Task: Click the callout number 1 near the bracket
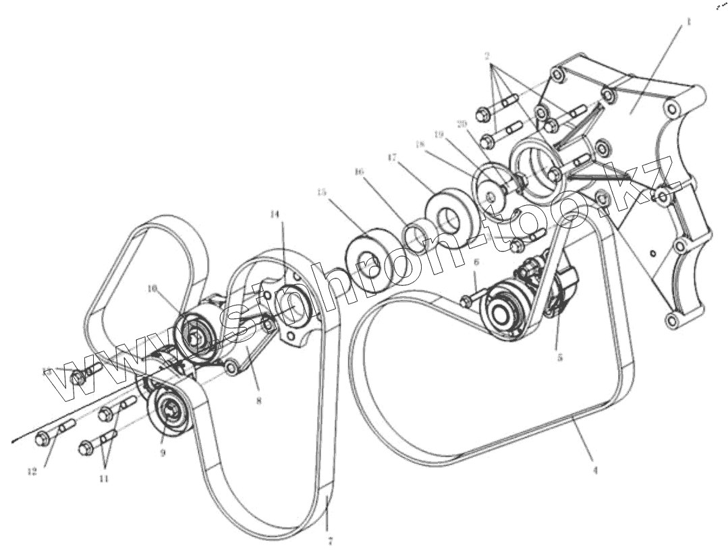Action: [x=688, y=22]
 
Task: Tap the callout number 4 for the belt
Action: [x=594, y=471]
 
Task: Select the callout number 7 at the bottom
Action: [x=331, y=540]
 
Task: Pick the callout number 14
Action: [x=274, y=214]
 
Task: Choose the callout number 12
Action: [x=32, y=472]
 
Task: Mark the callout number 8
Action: [x=258, y=400]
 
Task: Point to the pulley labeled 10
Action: [x=196, y=332]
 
